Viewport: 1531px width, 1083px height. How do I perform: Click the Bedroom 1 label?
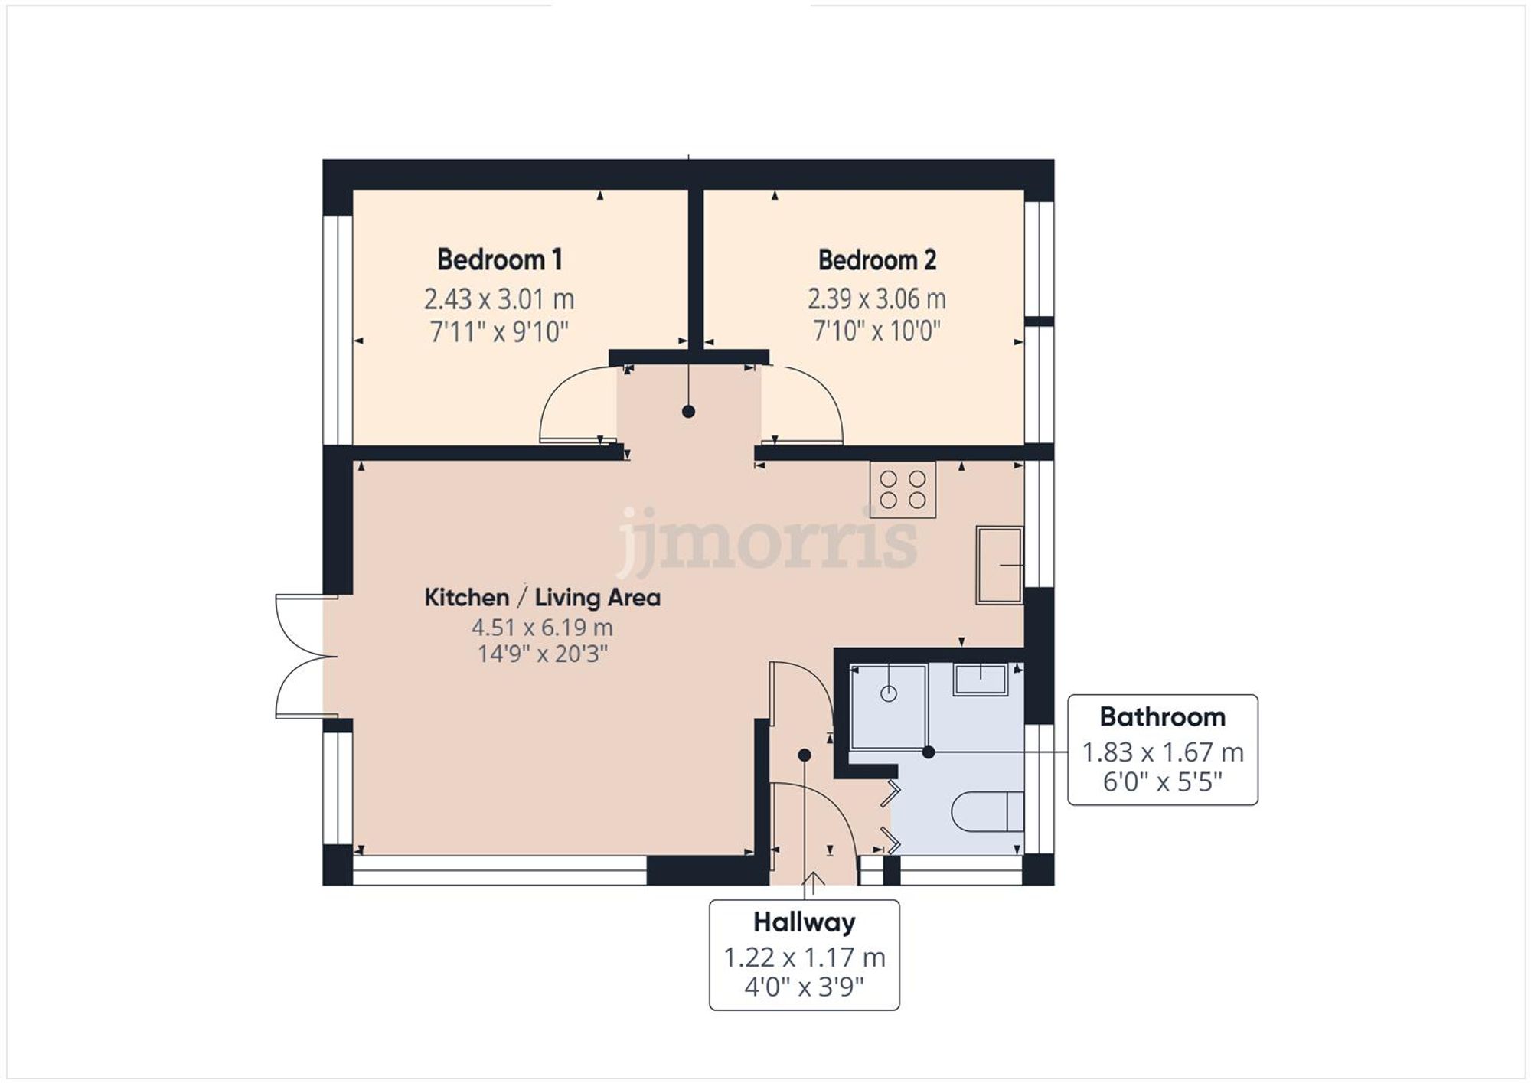[499, 259]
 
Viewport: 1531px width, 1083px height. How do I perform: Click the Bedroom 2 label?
[876, 260]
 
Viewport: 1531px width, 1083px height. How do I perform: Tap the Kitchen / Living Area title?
[542, 597]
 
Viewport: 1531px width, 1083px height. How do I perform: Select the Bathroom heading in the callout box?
[1162, 717]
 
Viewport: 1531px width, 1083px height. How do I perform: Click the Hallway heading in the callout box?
[804, 922]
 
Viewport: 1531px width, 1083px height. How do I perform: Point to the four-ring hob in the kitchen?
[903, 490]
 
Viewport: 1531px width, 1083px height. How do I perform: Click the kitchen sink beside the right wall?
[999, 565]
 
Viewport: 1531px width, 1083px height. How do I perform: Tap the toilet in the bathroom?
[987, 811]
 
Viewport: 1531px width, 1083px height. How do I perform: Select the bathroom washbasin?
[980, 680]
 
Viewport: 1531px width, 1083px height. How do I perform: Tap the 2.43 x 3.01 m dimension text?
[499, 299]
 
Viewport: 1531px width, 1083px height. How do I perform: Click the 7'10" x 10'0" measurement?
[876, 331]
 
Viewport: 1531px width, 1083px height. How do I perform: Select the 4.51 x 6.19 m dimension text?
[542, 628]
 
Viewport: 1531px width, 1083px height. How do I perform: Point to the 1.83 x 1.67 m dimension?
[1162, 752]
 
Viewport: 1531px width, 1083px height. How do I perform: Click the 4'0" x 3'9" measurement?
[804, 987]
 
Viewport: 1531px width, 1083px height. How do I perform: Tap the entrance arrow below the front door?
[812, 882]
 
